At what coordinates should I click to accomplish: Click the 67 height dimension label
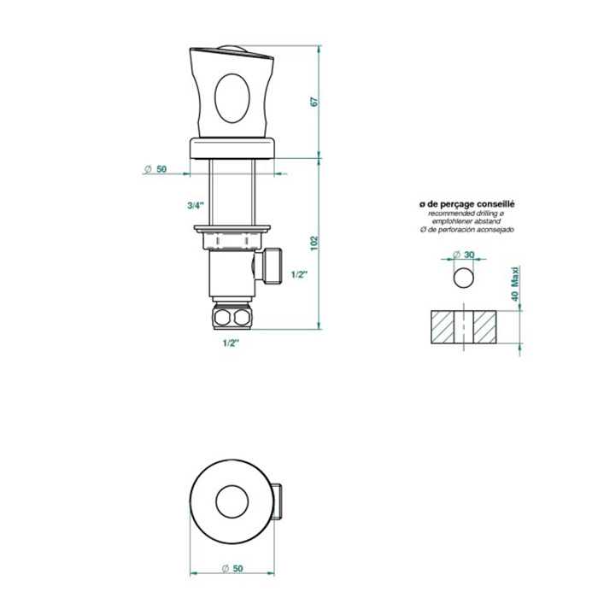point(314,102)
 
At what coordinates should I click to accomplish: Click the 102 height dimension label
point(314,243)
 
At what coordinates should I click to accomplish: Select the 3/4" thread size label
point(196,206)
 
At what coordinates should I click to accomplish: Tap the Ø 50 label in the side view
point(155,169)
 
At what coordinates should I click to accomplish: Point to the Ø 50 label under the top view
point(232,569)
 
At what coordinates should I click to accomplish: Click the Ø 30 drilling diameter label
point(463,255)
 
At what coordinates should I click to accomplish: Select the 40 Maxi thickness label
point(516,284)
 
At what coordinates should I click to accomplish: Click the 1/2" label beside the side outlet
point(299,274)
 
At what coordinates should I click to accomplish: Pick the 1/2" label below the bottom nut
point(231,343)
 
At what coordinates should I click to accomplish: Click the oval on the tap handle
point(232,98)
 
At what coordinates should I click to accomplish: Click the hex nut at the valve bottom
point(232,315)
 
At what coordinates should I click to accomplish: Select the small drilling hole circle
point(464,278)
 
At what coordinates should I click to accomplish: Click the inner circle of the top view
point(232,502)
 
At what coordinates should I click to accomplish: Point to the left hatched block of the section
point(443,327)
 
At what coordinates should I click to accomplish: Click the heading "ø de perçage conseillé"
point(466,204)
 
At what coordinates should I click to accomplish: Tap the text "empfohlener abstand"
point(466,221)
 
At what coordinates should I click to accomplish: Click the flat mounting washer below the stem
point(232,228)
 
